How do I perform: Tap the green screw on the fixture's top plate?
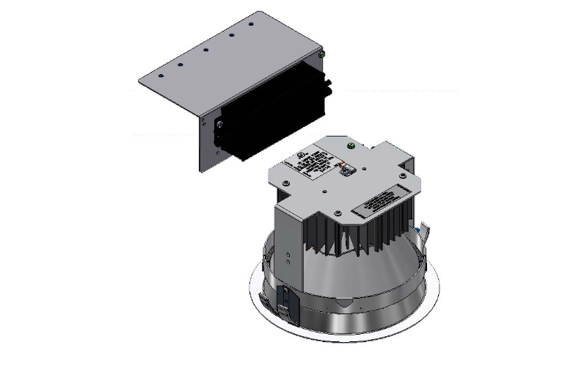(x=351, y=146)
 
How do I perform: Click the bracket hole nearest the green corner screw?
(x=251, y=24)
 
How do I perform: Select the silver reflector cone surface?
(x=352, y=272)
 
